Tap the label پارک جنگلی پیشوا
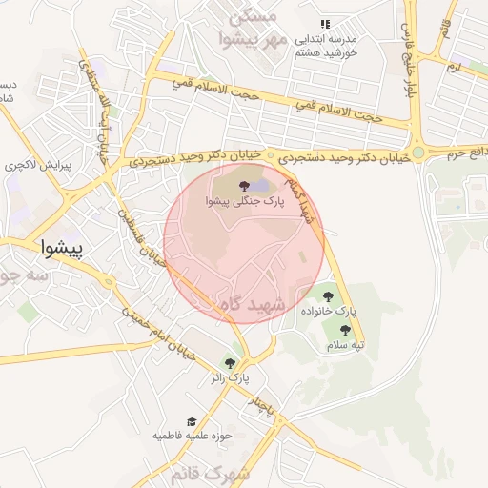242,202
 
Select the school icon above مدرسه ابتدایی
325,24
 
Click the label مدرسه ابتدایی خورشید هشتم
325,46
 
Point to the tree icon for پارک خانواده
329,296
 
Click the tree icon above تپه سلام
345,330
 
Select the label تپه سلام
346,345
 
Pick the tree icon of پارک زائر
229,362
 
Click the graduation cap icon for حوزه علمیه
192,420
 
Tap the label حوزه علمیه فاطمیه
193,436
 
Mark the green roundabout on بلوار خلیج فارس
418,151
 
